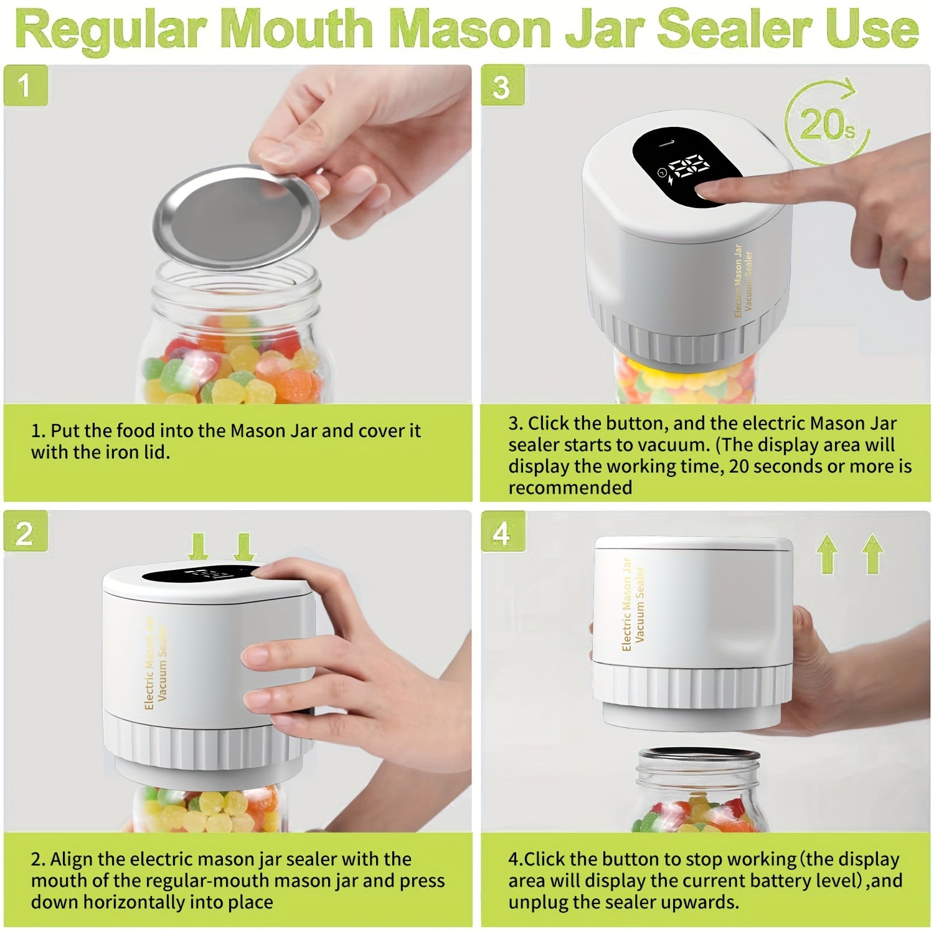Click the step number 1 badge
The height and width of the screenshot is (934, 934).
(x=25, y=85)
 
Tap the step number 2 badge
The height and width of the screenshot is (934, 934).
(x=25, y=534)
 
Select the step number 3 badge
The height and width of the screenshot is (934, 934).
(x=502, y=87)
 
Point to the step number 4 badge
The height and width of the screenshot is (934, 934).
(x=502, y=534)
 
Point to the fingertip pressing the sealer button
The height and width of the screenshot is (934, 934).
(x=707, y=189)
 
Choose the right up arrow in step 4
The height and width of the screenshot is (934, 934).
(x=873, y=554)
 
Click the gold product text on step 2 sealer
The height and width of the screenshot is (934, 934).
(x=156, y=663)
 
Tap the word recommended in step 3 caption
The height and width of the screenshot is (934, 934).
(x=570, y=488)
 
